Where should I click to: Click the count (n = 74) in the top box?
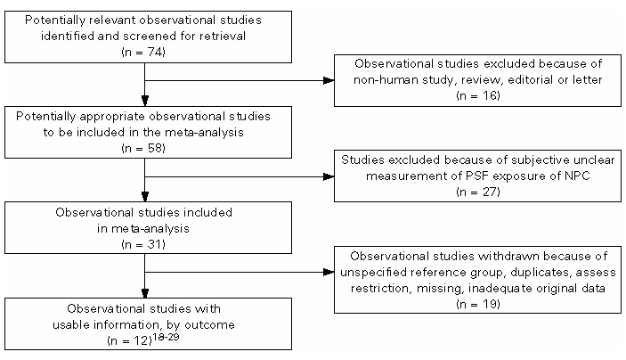click(143, 52)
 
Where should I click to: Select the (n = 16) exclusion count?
click(478, 95)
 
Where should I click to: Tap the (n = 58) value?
click(143, 148)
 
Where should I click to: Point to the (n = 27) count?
click(478, 192)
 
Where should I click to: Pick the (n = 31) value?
click(143, 244)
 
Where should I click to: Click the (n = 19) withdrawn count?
click(478, 304)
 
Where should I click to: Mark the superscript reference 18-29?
click(167, 337)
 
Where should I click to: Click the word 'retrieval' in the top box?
click(223, 36)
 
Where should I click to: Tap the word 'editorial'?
click(531, 79)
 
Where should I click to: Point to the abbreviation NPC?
click(578, 176)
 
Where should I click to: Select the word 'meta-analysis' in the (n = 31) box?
click(143, 228)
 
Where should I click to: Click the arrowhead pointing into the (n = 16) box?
click(329, 80)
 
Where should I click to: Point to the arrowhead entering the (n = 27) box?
click(329, 176)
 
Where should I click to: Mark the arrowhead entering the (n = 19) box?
click(329, 273)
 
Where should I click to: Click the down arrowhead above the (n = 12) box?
click(145, 293)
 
